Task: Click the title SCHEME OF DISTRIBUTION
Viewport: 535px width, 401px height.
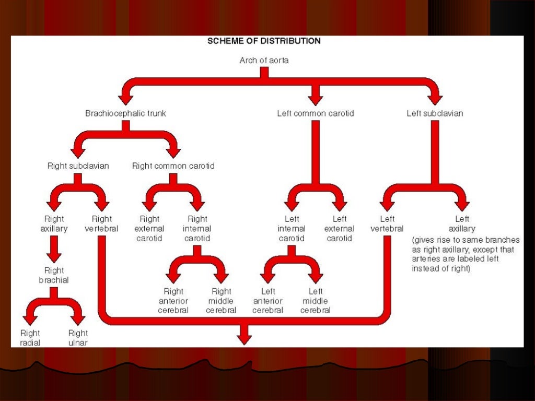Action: (x=264, y=41)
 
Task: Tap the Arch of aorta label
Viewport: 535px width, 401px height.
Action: (x=264, y=61)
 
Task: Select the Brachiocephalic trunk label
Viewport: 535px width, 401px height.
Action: (x=125, y=113)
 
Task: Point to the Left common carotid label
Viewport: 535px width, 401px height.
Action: (x=315, y=113)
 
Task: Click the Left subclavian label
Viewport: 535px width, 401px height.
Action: (x=435, y=113)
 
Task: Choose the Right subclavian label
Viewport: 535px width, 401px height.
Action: (x=78, y=166)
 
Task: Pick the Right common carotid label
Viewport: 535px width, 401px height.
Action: (x=173, y=166)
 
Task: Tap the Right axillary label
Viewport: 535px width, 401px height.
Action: (x=54, y=224)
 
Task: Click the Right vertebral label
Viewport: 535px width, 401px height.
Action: (x=101, y=224)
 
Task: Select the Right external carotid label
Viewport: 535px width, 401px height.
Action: (x=150, y=229)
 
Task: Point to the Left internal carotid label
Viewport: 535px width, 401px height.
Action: (x=292, y=229)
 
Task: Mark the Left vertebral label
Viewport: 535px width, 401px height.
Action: (x=387, y=224)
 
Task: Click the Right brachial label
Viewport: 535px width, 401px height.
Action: (x=54, y=275)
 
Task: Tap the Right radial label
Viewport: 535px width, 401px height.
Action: (x=30, y=338)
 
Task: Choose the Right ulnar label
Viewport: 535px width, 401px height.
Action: (x=78, y=338)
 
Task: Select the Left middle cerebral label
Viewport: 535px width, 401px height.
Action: (x=316, y=301)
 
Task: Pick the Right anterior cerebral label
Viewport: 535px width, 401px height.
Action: (x=173, y=301)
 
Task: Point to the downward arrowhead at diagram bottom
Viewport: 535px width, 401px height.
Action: (x=244, y=338)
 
